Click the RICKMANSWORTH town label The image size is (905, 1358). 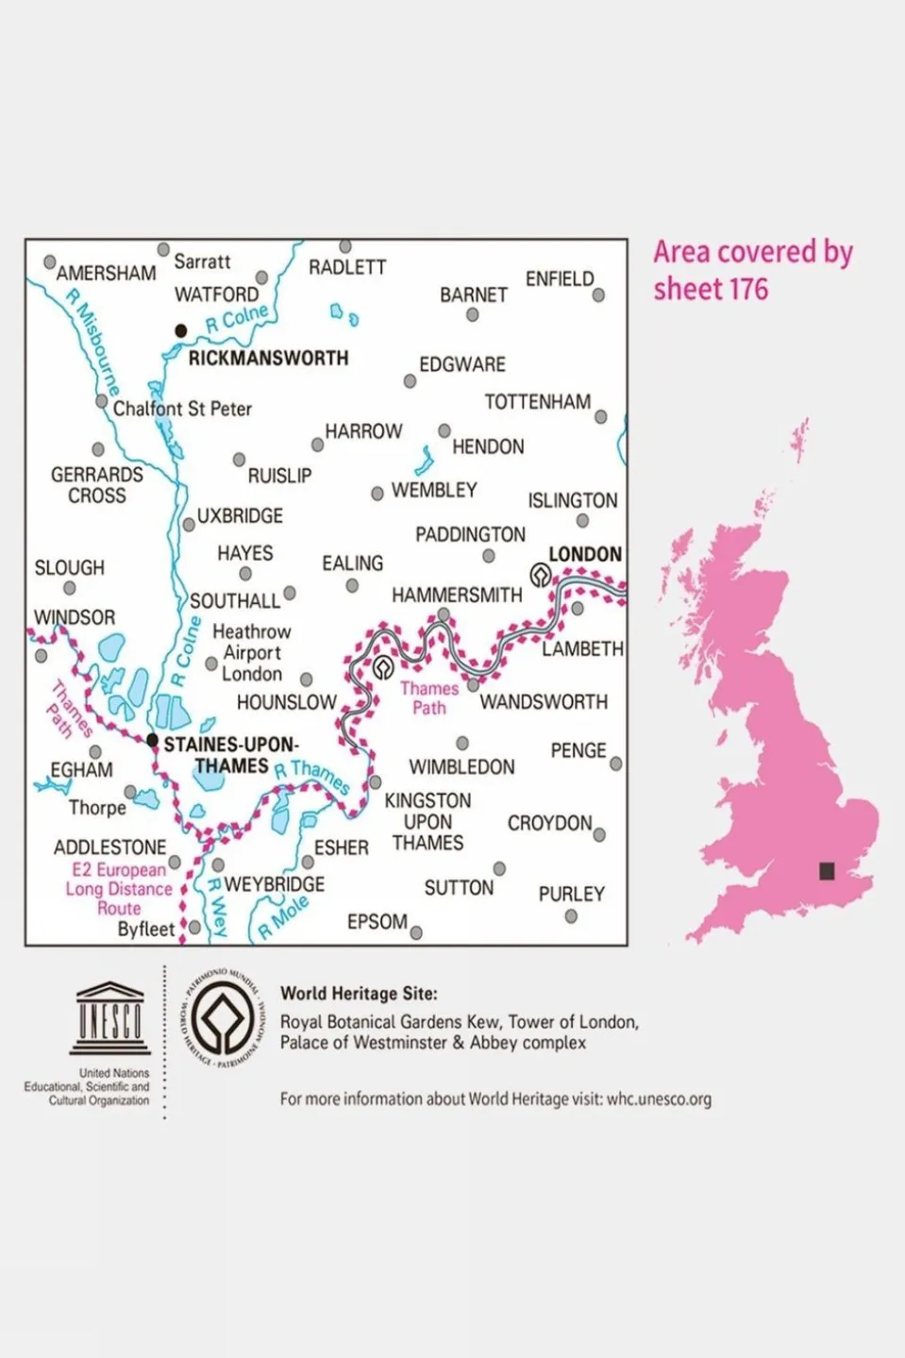pos(268,359)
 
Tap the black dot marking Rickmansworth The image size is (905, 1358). pos(180,330)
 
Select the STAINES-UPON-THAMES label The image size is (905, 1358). pos(231,755)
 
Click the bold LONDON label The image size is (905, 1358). pos(585,554)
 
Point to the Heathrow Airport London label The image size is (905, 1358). pos(251,652)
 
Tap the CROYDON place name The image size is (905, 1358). pos(549,823)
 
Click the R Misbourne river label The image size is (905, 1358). pos(92,343)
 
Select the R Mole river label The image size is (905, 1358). pos(283,917)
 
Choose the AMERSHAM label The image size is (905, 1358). pos(106,274)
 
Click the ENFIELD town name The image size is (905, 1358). pos(560,279)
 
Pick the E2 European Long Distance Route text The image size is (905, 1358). pos(119,889)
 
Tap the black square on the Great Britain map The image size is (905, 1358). pos(827,871)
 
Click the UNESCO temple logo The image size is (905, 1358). pos(109,1018)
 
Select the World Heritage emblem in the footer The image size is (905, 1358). pos(220,1019)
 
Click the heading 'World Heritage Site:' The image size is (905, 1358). pos(359,993)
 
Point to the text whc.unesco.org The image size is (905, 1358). pos(659,1099)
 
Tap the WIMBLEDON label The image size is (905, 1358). pos(461,767)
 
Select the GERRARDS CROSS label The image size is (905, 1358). pos(97,485)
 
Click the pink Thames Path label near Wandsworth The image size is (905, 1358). pos(429,698)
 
